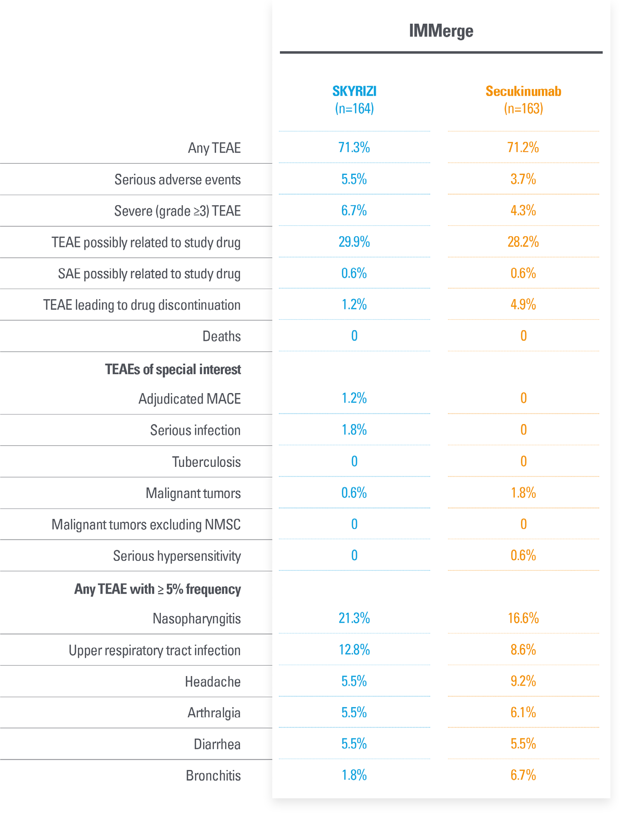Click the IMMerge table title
coord(441,31)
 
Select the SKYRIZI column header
coord(354,91)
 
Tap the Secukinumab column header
coord(523,91)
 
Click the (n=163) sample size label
coord(523,108)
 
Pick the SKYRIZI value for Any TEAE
coord(354,147)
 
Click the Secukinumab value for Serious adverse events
coord(523,179)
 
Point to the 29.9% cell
coord(354,242)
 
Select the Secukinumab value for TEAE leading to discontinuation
coord(523,304)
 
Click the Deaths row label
coord(221,336)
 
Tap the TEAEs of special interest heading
coord(173,369)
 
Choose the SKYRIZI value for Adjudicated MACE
coord(354,398)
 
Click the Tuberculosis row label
coord(206,462)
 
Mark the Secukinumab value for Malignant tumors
coord(523,492)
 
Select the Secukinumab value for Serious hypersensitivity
coord(523,555)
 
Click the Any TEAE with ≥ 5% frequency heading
coord(158,589)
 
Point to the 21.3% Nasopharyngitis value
coord(354,618)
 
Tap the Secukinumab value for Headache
coord(523,681)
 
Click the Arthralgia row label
coord(214,713)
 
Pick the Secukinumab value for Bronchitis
coord(523,775)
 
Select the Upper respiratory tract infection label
coord(154,650)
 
